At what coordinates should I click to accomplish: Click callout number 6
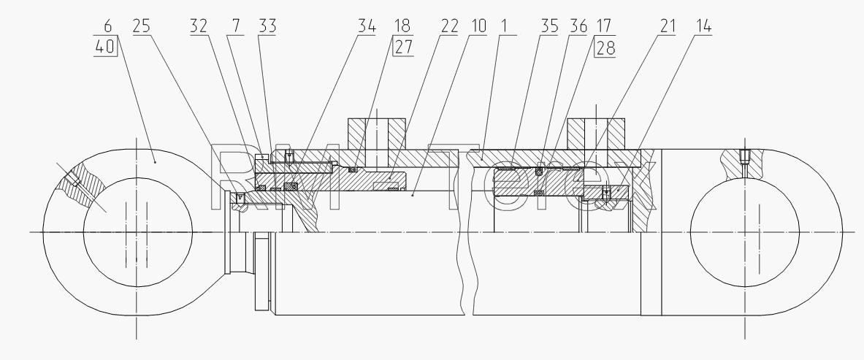pos(107,26)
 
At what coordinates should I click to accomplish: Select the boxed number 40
pos(104,46)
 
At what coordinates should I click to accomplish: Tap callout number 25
pos(142,26)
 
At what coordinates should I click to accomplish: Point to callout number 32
pos(199,26)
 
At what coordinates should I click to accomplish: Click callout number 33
pos(267,26)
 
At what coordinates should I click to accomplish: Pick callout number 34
pos(367,26)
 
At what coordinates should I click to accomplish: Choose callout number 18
pos(401,26)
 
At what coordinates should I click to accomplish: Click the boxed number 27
pos(403,47)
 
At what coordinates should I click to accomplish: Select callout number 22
pos(450,26)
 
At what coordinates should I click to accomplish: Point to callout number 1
pos(505,26)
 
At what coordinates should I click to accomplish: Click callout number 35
pos(548,26)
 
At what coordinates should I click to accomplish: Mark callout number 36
pos(578,26)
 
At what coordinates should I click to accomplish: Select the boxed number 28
pos(605,47)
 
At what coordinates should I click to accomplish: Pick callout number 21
pos(667,26)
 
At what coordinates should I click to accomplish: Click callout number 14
pos(703,26)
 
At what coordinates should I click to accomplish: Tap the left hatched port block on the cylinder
pos(377,134)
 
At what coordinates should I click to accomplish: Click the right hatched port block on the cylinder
pos(596,134)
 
